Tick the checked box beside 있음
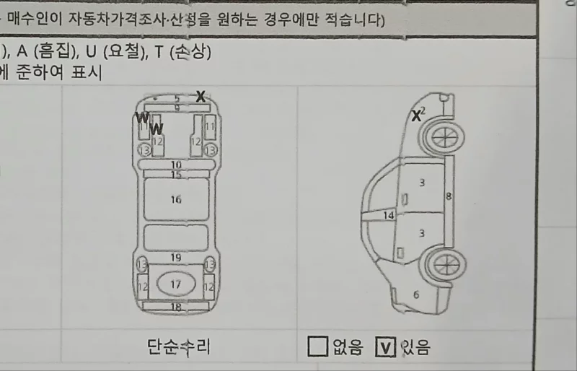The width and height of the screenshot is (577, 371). coord(386,347)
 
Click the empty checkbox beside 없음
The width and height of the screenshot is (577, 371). coord(317,347)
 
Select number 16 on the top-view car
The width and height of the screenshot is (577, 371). coord(176,199)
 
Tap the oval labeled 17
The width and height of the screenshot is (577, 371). coord(176,284)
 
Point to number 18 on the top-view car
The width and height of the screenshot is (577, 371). coord(176,307)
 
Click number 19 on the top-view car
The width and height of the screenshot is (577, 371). coord(176,258)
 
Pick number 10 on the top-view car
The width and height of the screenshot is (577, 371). coord(176,165)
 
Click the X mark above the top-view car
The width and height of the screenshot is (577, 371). coord(201,96)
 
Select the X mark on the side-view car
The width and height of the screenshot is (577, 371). coord(416,115)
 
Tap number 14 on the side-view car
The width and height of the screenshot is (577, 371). coord(389,215)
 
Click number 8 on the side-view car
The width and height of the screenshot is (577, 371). coord(449,196)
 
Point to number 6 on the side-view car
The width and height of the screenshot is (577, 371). coord(416,294)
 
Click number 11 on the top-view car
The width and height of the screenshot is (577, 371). coord(210,126)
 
